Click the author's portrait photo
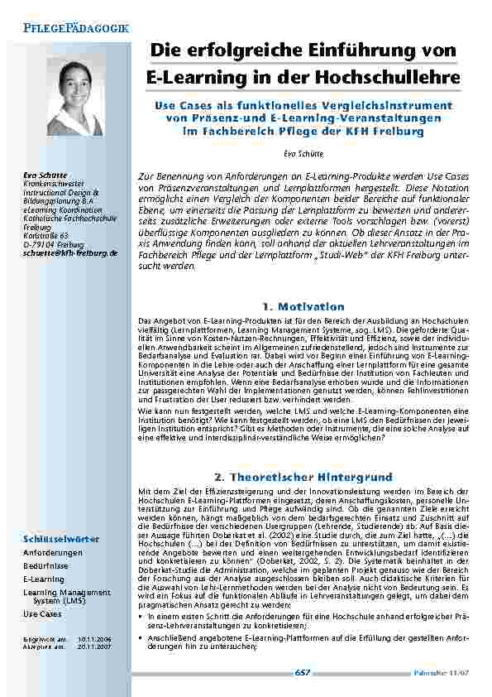point(75,96)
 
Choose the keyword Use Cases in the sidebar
point(41,614)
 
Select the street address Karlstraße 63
point(46,235)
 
